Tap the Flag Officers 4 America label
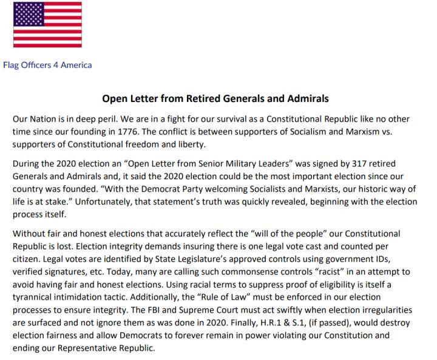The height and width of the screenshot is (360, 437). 47,65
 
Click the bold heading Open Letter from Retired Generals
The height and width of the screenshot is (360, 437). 215,98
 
